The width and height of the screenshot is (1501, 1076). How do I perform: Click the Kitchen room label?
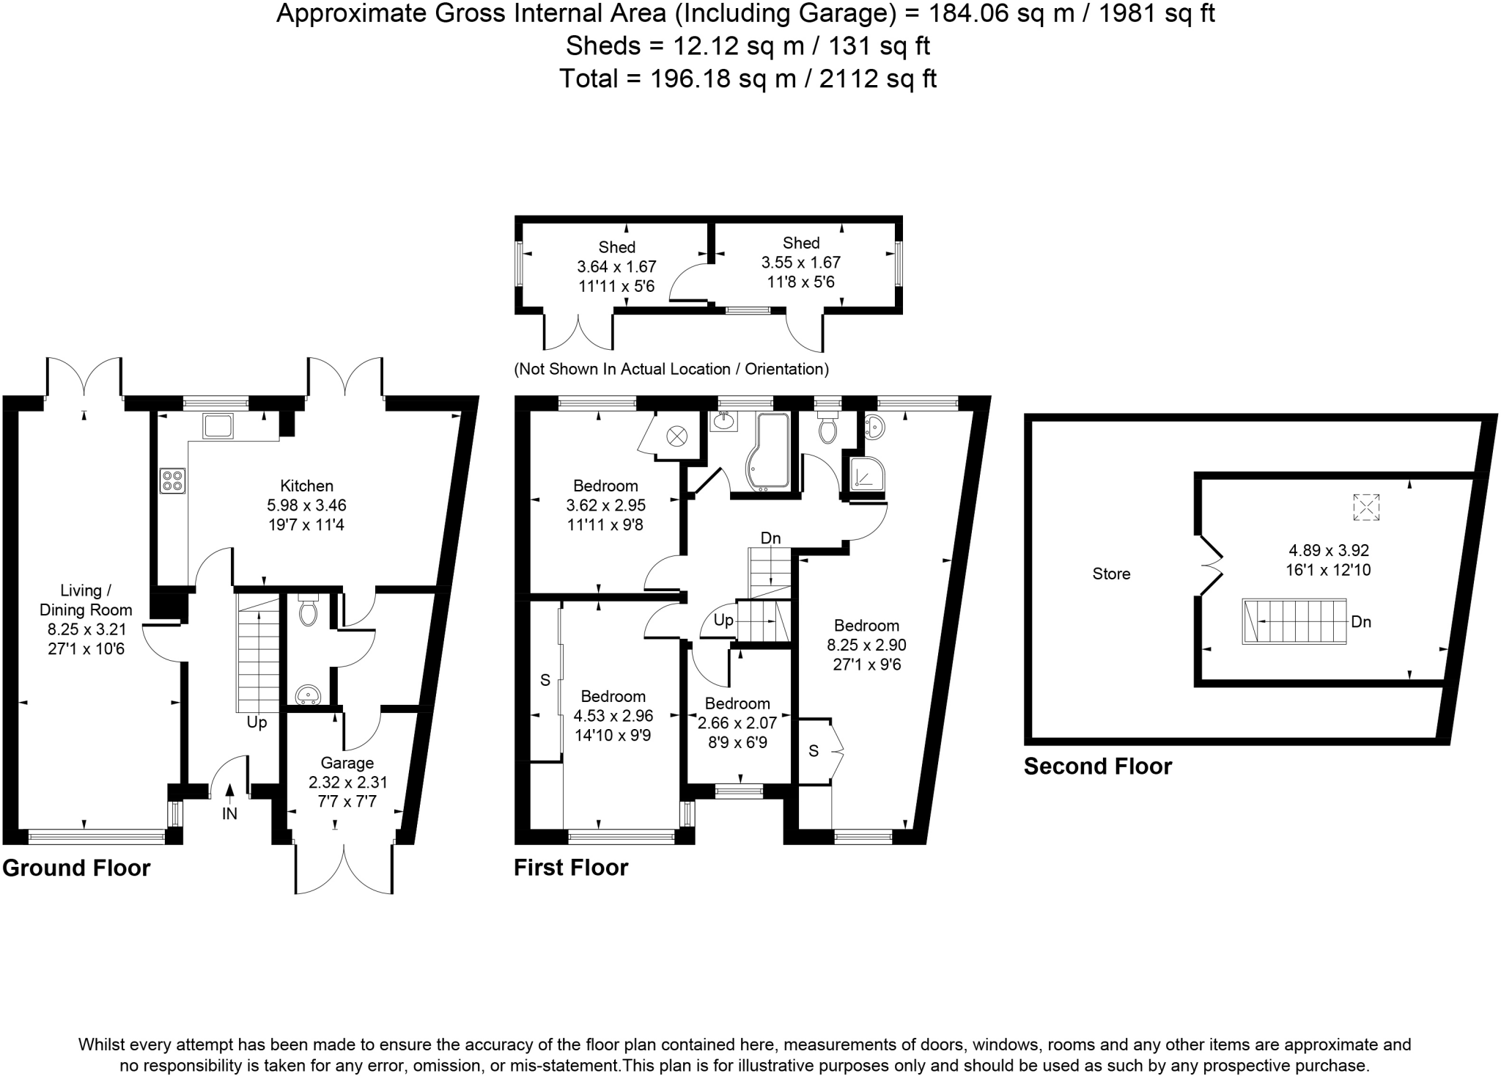306,486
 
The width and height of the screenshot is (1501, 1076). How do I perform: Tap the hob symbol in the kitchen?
172,481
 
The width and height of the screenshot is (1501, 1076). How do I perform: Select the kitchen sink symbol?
218,425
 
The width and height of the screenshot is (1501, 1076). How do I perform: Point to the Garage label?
347,763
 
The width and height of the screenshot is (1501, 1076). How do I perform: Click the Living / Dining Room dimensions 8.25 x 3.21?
86,629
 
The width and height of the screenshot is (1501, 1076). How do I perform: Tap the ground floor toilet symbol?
309,612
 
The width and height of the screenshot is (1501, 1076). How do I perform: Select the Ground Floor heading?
76,868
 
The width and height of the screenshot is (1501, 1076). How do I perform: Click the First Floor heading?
571,868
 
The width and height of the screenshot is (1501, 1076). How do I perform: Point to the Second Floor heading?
1097,766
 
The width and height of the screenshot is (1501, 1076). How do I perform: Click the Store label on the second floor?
1111,574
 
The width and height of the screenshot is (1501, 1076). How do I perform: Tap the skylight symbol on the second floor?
1365,508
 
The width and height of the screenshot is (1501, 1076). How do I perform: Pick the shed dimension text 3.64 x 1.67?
616,267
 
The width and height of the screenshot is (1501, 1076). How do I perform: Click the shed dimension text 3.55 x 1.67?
800,263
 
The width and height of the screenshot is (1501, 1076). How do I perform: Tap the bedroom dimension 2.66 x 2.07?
737,723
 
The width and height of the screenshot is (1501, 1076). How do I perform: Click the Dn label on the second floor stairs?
1360,622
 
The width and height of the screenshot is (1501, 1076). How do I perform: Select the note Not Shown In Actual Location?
671,369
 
